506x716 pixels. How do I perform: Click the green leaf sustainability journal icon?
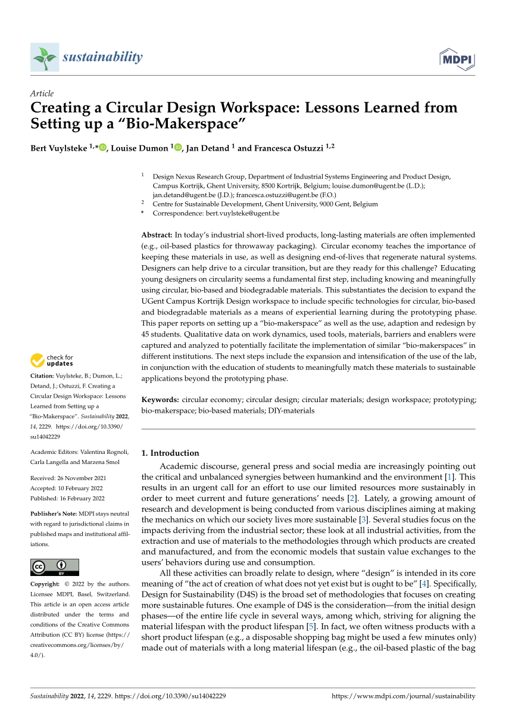[45, 57]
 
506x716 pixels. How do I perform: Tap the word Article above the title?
[42, 94]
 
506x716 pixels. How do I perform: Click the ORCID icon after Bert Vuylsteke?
[103, 148]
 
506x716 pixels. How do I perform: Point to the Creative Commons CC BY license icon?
[54, 567]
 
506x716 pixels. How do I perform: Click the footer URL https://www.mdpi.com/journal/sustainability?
[403, 696]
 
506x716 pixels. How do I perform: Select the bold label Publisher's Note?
[55, 513]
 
